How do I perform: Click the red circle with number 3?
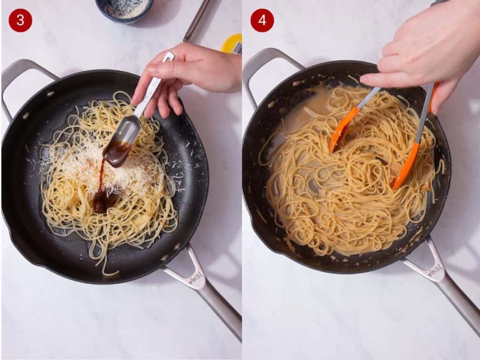pos(20,20)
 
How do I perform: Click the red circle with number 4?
pos(262,20)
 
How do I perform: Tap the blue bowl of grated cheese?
pos(124,9)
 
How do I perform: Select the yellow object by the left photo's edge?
pos(232,44)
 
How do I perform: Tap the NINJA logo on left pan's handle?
pos(196,279)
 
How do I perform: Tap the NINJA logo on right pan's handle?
pos(435,270)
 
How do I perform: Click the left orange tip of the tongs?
pos(340,131)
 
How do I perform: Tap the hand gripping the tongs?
pos(422,52)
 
